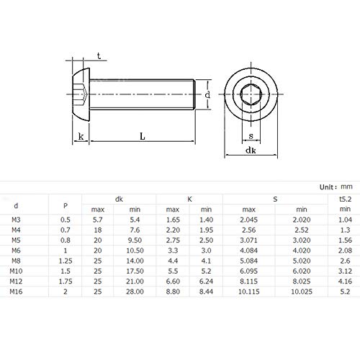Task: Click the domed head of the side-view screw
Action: (79, 94)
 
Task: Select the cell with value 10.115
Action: (248, 293)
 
